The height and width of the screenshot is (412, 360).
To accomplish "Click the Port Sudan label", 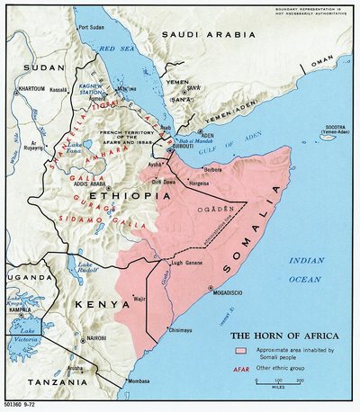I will point(94,27).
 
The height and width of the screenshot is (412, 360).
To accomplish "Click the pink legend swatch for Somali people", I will point(241,348).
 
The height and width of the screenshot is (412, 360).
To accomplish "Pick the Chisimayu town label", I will point(179,331).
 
